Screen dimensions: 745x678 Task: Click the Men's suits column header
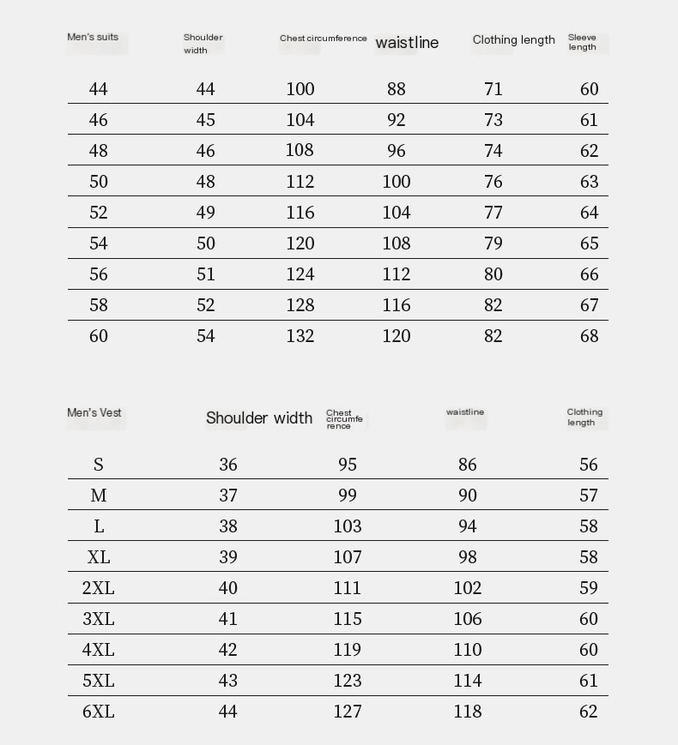tap(93, 37)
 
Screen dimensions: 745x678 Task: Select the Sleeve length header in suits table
tap(582, 42)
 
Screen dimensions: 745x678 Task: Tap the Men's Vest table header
tap(94, 412)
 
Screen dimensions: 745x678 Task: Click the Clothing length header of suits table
tap(513, 39)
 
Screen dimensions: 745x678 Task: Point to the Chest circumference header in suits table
tap(323, 39)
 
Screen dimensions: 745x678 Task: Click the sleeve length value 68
tap(589, 336)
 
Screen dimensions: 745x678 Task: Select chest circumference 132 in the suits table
tap(300, 336)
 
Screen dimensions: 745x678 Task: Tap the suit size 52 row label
tap(99, 213)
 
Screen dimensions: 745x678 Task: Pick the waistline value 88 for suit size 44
tap(396, 89)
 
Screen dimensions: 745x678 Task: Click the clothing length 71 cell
tap(493, 89)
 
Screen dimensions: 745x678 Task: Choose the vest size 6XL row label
tap(99, 712)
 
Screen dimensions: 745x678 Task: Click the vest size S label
tap(99, 465)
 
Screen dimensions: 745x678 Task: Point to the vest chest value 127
tap(348, 712)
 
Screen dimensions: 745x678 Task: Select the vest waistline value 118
tap(468, 712)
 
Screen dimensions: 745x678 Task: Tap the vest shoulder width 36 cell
tap(228, 465)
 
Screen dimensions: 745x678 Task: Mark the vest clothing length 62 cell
tap(589, 712)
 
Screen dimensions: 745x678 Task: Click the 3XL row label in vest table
tap(99, 619)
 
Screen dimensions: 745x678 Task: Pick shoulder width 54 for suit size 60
tap(206, 336)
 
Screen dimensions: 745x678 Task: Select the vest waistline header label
tap(465, 412)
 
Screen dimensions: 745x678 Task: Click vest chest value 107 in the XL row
tap(348, 557)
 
